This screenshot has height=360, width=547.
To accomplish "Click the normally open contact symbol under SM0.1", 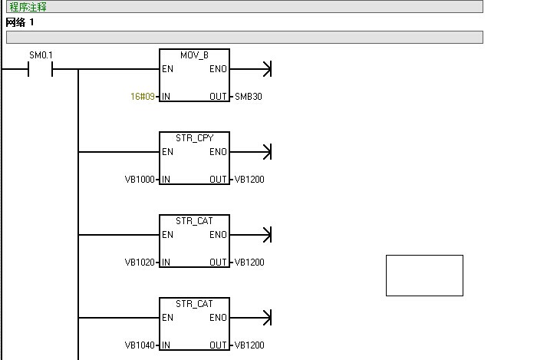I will [41, 69].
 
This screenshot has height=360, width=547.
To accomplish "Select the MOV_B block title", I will [194, 56].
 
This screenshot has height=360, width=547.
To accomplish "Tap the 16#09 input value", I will [143, 97].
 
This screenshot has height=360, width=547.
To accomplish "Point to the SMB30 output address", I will [250, 97].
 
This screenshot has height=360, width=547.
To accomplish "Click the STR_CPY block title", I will [194, 139].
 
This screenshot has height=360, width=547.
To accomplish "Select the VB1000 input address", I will [140, 180].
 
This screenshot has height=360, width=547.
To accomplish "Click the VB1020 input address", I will [140, 263].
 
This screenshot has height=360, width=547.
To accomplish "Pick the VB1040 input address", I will [140, 345].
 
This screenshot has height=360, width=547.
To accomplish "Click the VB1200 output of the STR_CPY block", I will [249, 180].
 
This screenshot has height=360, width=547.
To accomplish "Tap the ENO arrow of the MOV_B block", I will [265, 69].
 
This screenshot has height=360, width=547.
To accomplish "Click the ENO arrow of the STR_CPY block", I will [265, 152].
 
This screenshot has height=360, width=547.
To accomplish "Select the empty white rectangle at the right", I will [424, 275].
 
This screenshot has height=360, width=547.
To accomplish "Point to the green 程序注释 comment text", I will [28, 7].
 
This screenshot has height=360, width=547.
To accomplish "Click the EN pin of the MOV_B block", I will [167, 69].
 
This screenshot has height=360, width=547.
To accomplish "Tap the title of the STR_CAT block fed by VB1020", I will [194, 222].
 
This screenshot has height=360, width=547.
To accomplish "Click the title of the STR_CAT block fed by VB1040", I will [194, 305].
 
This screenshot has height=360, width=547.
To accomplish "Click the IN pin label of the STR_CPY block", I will [166, 180].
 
